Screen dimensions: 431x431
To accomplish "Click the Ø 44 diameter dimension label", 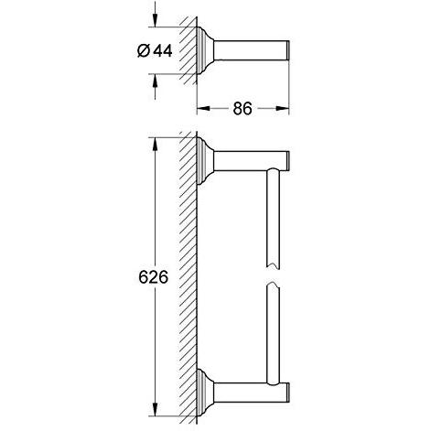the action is click(155, 50).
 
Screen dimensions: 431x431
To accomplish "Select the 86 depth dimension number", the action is click(242, 108).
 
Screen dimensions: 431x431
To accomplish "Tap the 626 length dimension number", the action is click(154, 277).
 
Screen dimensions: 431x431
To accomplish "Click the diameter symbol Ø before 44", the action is click(144, 50).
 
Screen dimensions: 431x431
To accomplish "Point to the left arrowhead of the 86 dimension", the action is click(203, 108).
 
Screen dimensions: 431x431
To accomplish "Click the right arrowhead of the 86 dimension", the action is click(282, 108).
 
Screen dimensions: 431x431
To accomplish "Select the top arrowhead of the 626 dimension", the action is click(156, 144).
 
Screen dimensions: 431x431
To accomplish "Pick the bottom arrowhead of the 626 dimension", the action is click(156, 409).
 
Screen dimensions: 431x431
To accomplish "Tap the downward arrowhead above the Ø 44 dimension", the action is click(156, 20).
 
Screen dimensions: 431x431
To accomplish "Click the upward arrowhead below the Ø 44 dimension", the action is click(156, 81).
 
